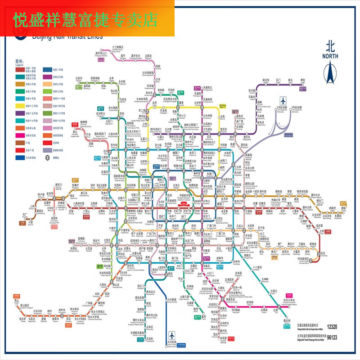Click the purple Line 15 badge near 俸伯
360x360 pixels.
click(301, 88)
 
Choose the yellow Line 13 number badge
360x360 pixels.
click(222, 106)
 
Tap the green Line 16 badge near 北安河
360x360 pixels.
click(79, 88)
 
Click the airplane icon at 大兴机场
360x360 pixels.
click(171, 335)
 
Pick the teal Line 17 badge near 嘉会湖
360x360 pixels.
click(286, 328)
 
